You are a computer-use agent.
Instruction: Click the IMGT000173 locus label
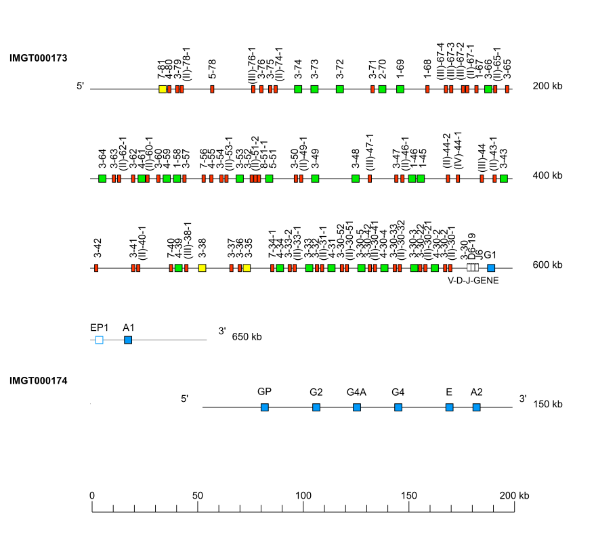tap(38, 58)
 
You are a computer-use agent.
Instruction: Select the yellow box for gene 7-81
tap(163, 89)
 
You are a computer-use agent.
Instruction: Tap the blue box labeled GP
tap(265, 407)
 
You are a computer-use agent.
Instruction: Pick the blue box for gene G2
tap(316, 407)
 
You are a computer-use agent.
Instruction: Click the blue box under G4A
tap(357, 407)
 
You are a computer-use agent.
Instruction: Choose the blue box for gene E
tap(449, 407)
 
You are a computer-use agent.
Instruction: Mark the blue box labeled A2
tap(477, 407)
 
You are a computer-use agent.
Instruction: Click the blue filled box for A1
tap(128, 340)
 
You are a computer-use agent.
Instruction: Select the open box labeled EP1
tap(100, 340)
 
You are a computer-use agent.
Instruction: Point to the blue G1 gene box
tap(491, 268)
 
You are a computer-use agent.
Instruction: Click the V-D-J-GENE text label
tap(473, 280)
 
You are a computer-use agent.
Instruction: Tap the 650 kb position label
tap(247, 336)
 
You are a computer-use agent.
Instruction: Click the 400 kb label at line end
tap(547, 175)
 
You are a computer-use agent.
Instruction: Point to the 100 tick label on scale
tap(303, 496)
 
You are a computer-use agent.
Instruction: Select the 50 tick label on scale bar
tap(198, 496)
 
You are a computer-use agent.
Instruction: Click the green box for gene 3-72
tap(340, 89)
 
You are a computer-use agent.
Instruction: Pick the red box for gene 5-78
tap(213, 89)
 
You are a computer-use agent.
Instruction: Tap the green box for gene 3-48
tap(356, 179)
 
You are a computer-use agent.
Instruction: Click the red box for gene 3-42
tap(96, 268)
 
